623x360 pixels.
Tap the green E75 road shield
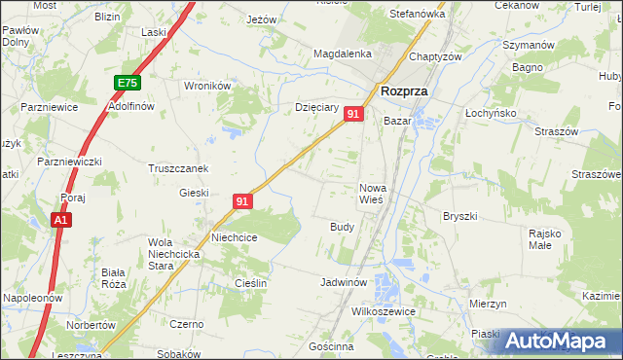(126, 84)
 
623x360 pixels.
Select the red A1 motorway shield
(60, 221)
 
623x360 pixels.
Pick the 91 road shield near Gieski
(243, 201)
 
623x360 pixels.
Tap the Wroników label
(206, 86)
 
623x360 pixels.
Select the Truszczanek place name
(178, 167)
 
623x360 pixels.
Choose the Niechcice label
(234, 236)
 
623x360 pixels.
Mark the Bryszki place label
(458, 216)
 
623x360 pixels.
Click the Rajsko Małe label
(546, 239)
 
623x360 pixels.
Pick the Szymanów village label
(528, 46)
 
